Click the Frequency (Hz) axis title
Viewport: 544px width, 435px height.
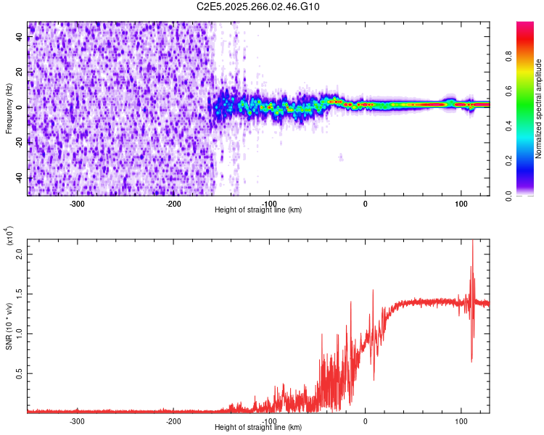point(9,109)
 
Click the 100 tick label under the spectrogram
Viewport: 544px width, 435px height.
point(461,204)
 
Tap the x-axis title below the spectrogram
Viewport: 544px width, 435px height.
point(258,210)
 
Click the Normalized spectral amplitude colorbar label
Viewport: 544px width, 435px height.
point(539,109)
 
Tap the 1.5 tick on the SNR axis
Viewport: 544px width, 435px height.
point(18,294)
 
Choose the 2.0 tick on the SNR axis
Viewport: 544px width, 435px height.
point(18,254)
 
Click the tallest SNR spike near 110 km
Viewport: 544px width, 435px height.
point(473,242)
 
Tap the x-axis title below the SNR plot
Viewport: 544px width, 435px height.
point(258,428)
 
